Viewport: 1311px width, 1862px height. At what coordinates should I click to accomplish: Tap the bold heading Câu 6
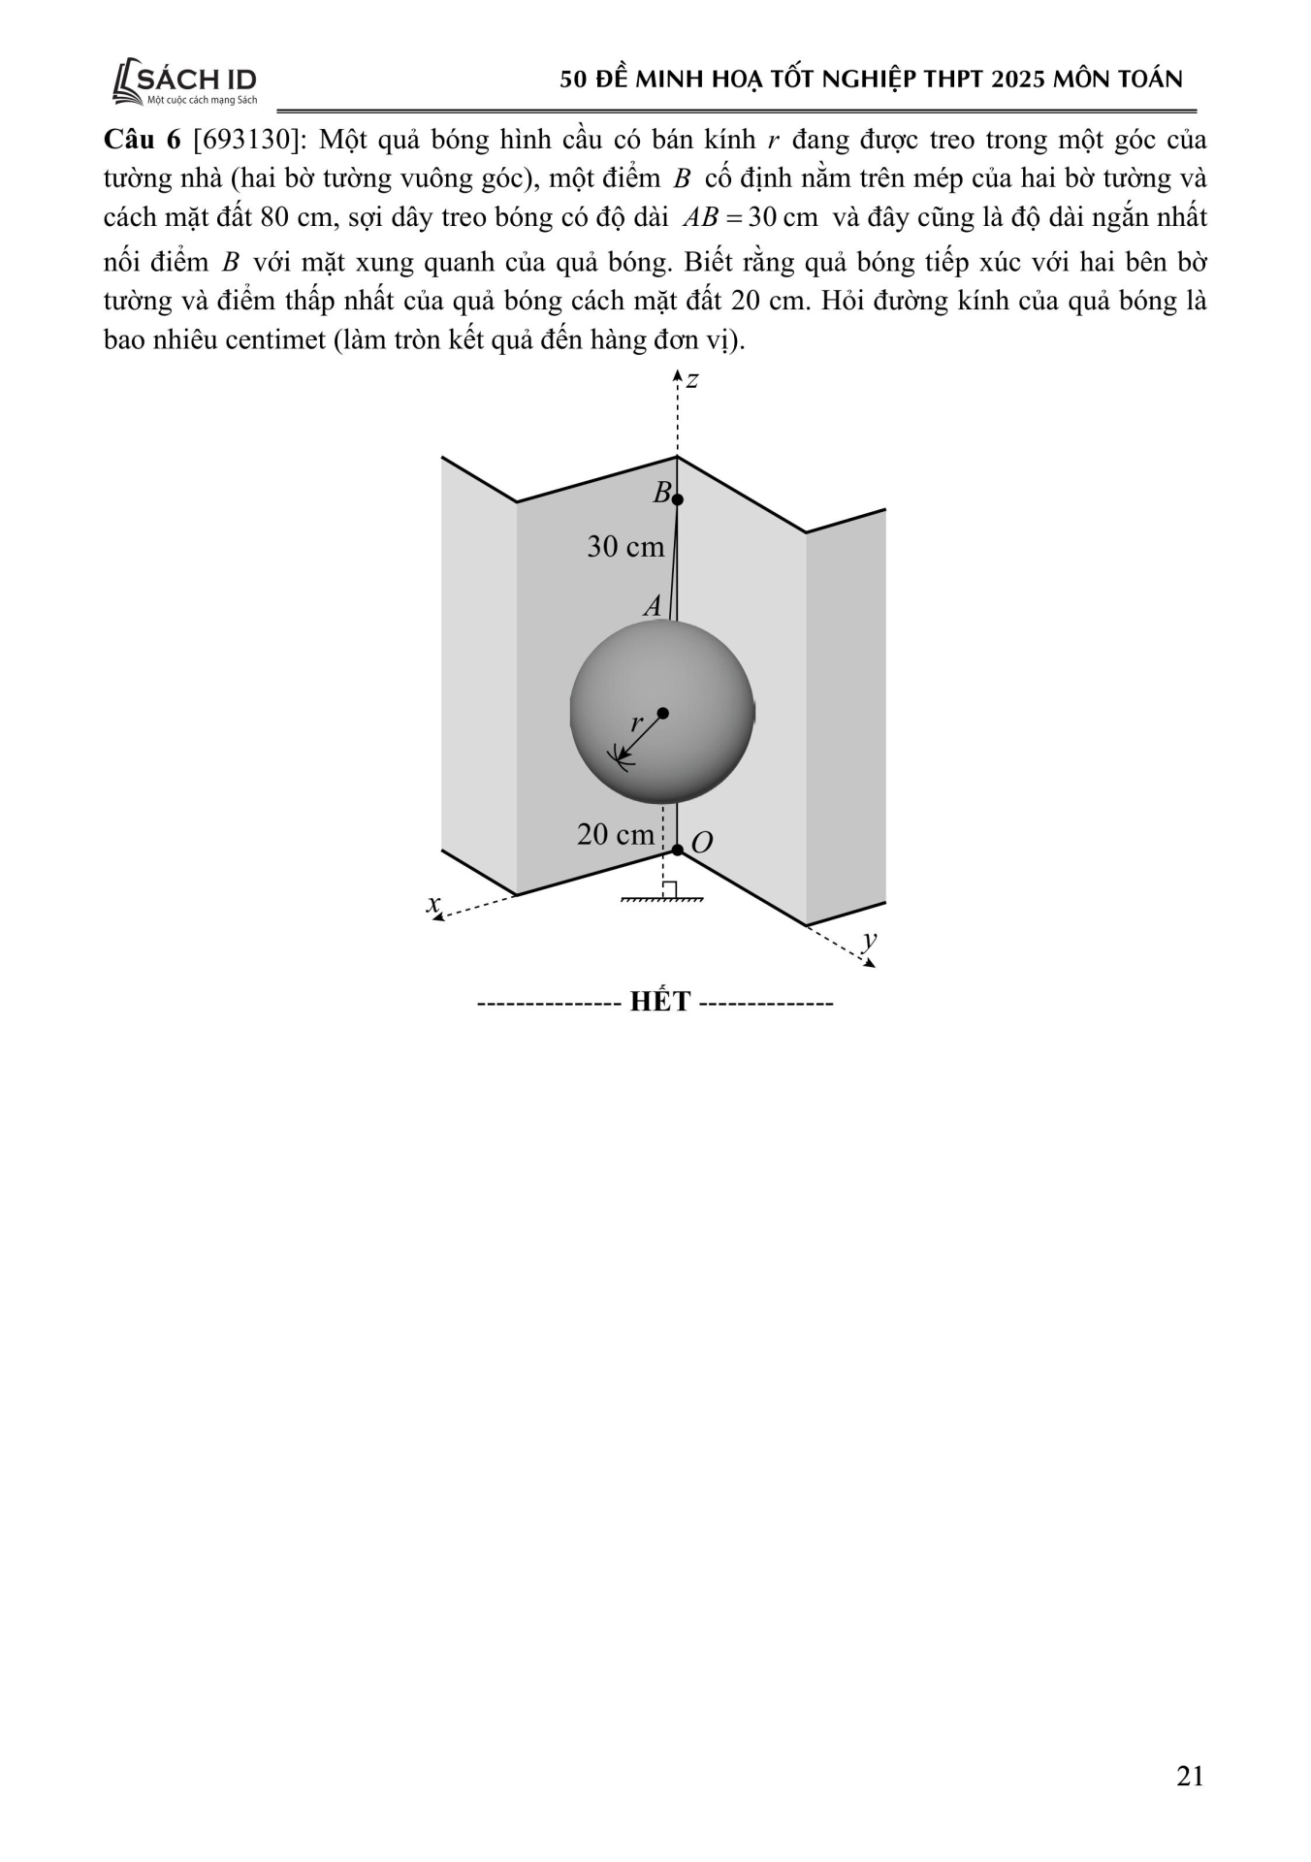click(142, 140)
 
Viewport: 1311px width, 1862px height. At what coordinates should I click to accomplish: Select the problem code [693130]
click(248, 140)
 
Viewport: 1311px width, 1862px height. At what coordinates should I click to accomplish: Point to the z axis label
click(692, 379)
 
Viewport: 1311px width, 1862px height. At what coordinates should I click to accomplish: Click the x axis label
click(433, 903)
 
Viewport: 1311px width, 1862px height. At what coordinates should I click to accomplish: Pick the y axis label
click(870, 939)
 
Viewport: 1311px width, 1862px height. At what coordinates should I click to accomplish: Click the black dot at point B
click(678, 499)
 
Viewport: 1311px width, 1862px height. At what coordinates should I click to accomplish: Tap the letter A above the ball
click(653, 606)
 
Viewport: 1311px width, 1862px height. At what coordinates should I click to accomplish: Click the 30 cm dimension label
click(625, 547)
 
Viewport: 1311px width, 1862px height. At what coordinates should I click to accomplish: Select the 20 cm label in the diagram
click(616, 834)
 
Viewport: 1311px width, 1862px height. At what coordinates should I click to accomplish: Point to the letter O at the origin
click(702, 842)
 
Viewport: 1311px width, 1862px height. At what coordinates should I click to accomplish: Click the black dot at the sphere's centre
click(662, 713)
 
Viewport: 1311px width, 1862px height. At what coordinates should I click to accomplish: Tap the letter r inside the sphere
click(636, 722)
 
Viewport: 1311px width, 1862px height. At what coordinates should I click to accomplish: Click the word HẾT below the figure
click(659, 1001)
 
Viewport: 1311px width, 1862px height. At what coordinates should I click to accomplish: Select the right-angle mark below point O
click(670, 889)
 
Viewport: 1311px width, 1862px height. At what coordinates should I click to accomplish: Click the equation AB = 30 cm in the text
click(750, 217)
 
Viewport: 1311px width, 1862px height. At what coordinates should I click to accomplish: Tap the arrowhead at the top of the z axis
click(678, 374)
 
